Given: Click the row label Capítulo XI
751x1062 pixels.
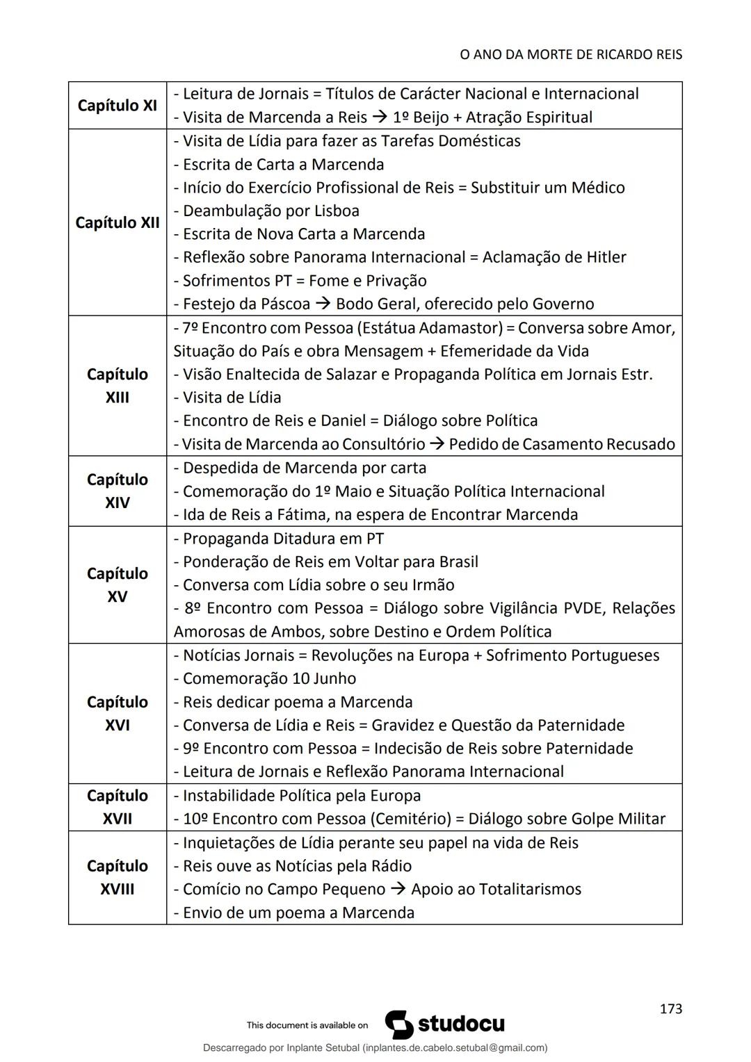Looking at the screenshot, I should coord(117,106).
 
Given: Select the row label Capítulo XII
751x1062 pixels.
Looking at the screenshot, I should coord(117,222).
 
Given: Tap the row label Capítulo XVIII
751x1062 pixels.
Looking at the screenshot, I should coord(117,877).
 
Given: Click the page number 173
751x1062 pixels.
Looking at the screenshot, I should coord(670,1008).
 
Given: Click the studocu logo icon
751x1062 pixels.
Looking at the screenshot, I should coord(399,1024).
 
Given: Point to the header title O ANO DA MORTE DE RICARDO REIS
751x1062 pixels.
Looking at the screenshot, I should coord(570,54).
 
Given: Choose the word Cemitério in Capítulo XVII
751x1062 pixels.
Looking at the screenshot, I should coord(412,819).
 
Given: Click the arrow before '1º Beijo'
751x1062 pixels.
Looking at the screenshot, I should coord(380,117).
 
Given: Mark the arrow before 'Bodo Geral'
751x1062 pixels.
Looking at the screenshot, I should coord(323,304).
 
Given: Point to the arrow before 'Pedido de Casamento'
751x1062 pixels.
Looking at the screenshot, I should coord(436,444).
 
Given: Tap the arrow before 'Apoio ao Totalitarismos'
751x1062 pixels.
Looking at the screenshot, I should coord(398,889).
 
